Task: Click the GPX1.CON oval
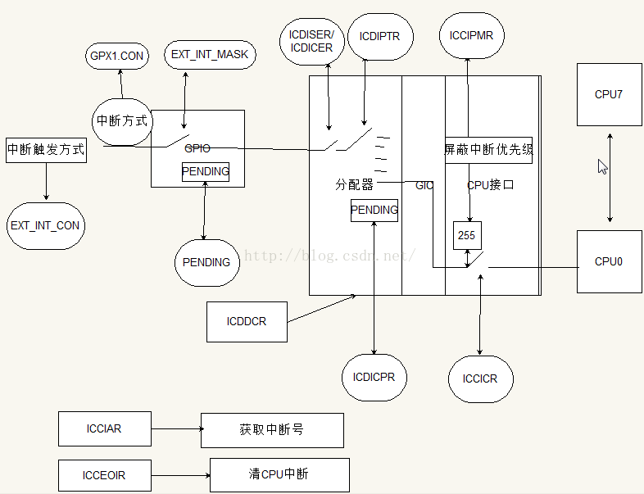(x=116, y=57)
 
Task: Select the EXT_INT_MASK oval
(x=209, y=55)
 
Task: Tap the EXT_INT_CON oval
(x=46, y=225)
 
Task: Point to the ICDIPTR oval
(x=380, y=37)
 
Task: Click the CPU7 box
(x=609, y=94)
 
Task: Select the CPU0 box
(x=609, y=261)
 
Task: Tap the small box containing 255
(x=467, y=235)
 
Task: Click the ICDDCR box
(x=247, y=322)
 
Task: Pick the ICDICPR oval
(x=374, y=377)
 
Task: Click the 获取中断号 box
(x=272, y=430)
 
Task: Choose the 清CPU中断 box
(x=279, y=474)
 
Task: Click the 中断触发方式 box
(x=46, y=150)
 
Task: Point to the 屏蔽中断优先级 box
(x=488, y=150)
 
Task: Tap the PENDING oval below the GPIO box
(x=206, y=262)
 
